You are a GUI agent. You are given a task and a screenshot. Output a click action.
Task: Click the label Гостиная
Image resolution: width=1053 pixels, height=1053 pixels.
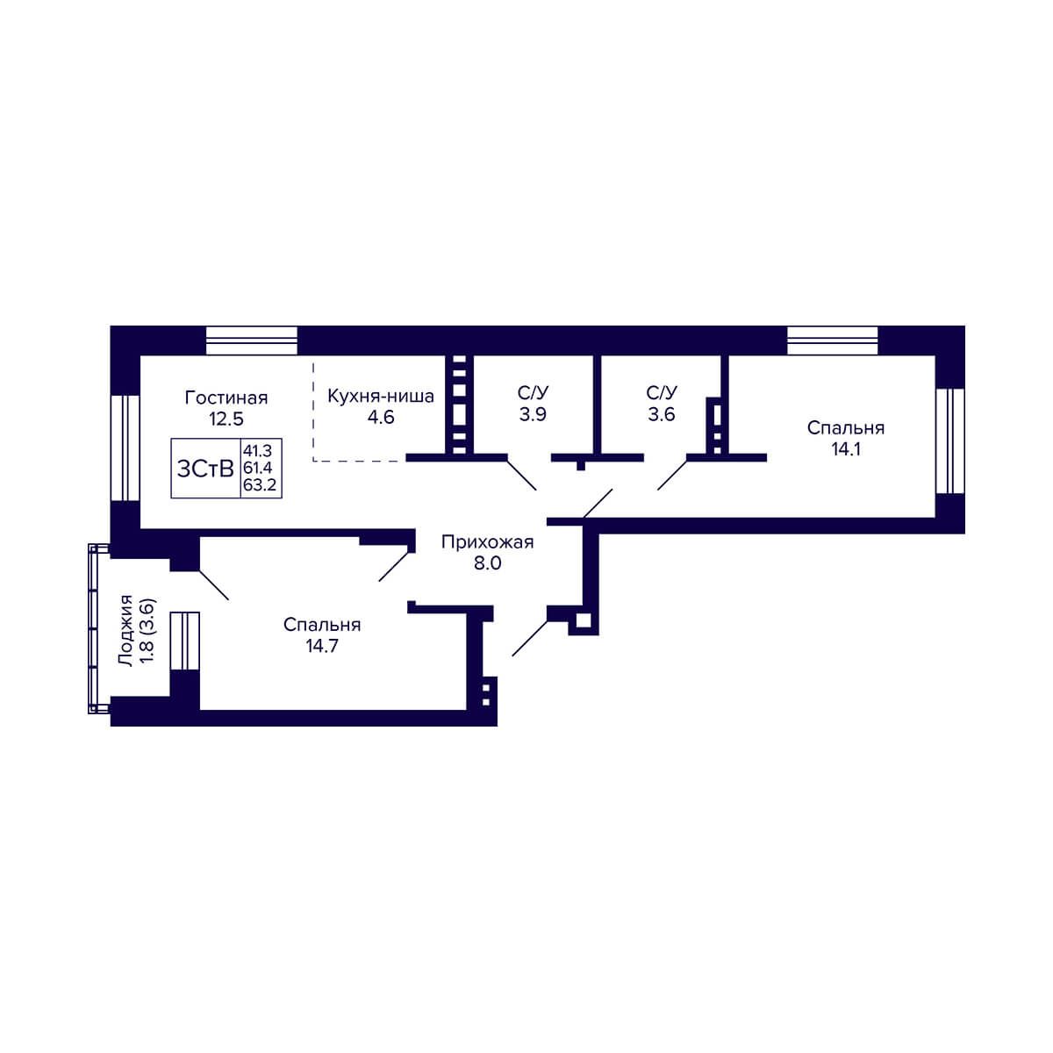(x=226, y=398)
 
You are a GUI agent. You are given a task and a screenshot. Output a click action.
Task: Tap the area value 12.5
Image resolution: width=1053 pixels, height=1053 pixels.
(x=226, y=419)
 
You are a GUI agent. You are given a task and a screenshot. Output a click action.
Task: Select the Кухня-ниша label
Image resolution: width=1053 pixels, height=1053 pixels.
(x=380, y=396)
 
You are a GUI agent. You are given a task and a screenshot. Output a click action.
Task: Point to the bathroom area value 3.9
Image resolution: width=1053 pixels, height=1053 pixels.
(x=533, y=414)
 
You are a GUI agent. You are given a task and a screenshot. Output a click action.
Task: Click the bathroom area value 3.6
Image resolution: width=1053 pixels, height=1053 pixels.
(x=662, y=414)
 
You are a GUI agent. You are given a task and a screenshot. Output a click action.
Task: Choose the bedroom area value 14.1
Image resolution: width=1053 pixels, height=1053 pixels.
(x=845, y=448)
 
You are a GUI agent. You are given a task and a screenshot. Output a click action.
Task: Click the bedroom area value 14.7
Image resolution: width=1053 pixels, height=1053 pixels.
(x=322, y=646)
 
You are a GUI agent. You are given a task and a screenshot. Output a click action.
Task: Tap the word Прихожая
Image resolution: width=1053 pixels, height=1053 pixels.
(x=487, y=542)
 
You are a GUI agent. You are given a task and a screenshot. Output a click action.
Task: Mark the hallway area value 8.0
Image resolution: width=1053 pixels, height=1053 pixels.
(x=487, y=562)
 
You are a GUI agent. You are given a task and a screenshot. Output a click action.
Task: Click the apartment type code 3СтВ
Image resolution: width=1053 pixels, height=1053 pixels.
(x=205, y=469)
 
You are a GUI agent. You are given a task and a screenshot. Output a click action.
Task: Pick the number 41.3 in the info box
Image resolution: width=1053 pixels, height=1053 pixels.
(x=257, y=450)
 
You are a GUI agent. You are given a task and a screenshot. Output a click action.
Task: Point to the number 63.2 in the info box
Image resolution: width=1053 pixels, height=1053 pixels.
(x=260, y=484)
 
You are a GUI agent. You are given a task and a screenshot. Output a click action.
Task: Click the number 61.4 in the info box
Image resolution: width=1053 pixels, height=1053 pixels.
(x=257, y=467)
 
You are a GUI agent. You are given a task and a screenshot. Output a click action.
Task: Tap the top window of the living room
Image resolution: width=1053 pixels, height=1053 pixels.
(x=252, y=340)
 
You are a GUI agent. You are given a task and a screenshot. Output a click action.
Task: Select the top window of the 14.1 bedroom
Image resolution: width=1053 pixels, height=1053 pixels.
(x=832, y=340)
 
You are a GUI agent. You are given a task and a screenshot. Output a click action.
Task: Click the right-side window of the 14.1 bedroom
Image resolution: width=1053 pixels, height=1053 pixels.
(x=950, y=441)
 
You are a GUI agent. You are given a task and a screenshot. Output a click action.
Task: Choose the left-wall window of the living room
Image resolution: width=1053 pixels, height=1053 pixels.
(x=125, y=448)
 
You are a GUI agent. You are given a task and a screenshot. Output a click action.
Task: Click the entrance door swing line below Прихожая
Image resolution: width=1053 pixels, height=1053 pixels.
(x=529, y=638)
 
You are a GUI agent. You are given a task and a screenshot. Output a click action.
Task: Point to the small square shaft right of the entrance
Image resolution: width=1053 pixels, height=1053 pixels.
(x=583, y=621)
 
